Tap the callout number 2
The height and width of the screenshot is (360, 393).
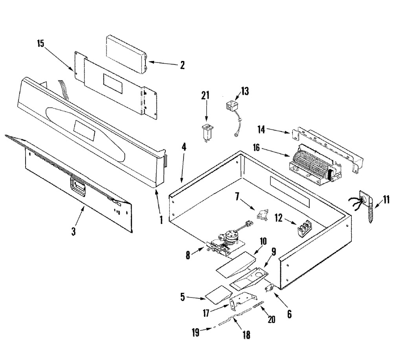(182, 65)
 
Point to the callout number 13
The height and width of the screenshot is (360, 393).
(245, 91)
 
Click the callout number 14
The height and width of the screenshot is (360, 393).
(261, 130)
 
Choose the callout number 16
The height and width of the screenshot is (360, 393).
(256, 148)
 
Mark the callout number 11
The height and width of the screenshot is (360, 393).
(386, 200)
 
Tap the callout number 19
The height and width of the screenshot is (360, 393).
(195, 332)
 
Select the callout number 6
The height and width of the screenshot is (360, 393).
(289, 314)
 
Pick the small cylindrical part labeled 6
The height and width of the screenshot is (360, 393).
(269, 288)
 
